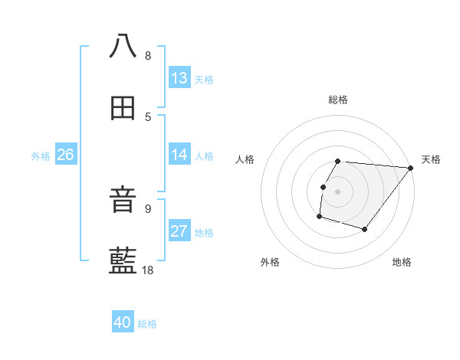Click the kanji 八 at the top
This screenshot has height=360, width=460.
coord(123,46)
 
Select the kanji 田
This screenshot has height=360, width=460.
coord(123,109)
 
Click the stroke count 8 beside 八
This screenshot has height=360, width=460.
coord(148,56)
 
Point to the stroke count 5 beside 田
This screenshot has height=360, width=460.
coord(148,116)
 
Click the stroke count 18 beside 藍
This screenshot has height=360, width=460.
coord(148,270)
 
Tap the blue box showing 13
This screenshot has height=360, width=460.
coord(179,78)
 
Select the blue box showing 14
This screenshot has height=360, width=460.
coord(179,155)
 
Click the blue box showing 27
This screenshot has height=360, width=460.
coord(179,231)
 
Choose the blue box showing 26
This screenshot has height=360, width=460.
coord(65,155)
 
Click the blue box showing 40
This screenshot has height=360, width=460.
coord(123,322)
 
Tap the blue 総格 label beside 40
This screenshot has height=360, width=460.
coord(147,324)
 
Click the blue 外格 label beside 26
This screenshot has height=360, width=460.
coord(41,156)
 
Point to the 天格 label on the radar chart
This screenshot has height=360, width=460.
coord(431,159)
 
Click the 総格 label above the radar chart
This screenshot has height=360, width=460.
coord(338,100)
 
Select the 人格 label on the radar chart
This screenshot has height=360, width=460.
coord(245,159)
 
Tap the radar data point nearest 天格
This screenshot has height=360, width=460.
coord(411,169)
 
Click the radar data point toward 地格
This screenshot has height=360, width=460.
coord(365,229)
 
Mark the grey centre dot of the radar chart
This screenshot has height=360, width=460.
coord(338,191)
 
